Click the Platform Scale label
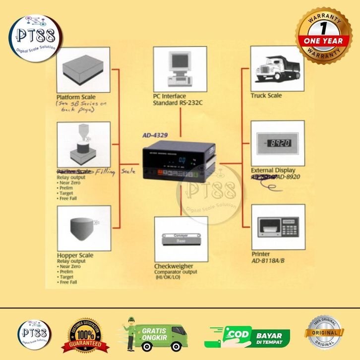click(x=76, y=97)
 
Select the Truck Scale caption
click(x=266, y=95)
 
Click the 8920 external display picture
click(x=277, y=143)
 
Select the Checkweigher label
click(x=174, y=266)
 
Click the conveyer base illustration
click(x=180, y=239)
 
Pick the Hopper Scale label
click(x=75, y=255)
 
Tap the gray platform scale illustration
click(x=83, y=69)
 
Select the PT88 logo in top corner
click(x=36, y=37)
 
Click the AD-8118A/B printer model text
click(x=268, y=260)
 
